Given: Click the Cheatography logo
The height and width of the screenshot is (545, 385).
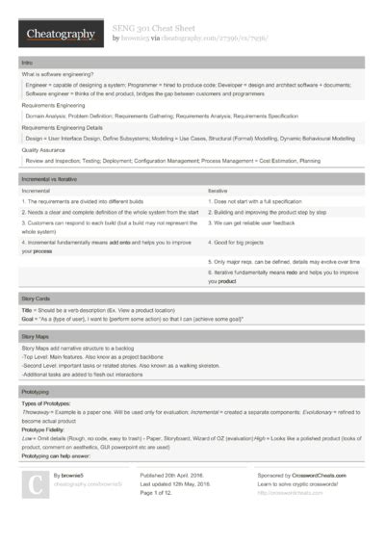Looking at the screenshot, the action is pos(61,35).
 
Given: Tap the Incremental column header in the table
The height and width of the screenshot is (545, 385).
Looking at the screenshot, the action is pos(38,191).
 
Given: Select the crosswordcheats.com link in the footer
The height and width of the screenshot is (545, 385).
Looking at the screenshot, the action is pos(292,493).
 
